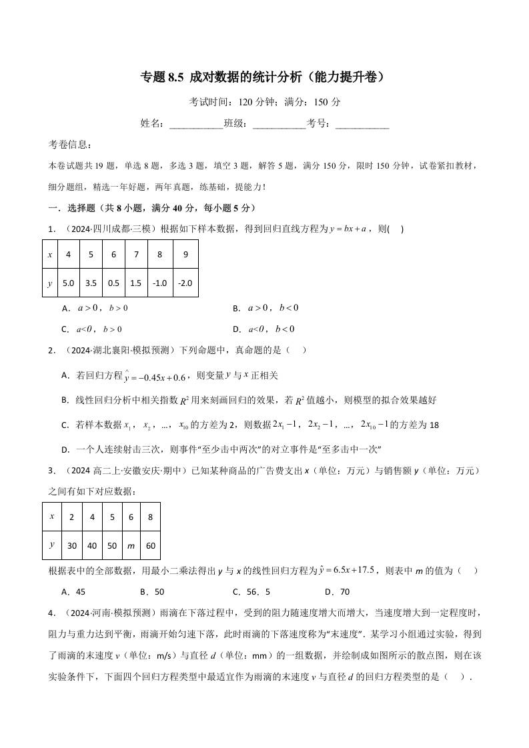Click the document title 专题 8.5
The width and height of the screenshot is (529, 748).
(263, 77)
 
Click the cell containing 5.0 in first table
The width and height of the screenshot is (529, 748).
(68, 283)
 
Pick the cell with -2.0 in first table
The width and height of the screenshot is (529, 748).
(185, 283)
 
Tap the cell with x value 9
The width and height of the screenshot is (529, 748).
(185, 255)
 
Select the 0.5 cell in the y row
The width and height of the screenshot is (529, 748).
(113, 283)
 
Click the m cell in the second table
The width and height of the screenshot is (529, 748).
(131, 545)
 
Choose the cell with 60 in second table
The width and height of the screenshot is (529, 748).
(150, 545)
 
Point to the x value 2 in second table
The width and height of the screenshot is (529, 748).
(71, 517)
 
